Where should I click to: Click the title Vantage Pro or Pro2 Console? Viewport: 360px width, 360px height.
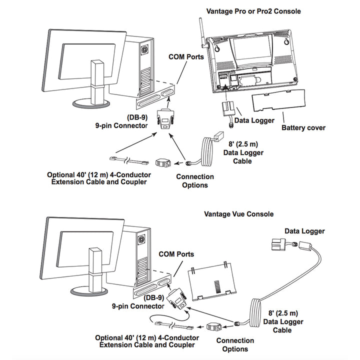pos(253,11)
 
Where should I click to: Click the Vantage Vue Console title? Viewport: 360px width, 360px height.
pos(238,214)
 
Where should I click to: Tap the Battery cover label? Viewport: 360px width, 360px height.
pos(303,127)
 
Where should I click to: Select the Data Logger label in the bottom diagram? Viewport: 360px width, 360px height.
pos(304,231)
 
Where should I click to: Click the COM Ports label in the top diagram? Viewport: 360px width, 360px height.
pos(185,57)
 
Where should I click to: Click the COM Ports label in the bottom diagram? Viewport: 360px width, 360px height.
pos(176,254)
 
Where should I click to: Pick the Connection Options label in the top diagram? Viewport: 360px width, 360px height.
pos(194,180)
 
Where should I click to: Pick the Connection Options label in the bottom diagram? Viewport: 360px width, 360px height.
pos(234,344)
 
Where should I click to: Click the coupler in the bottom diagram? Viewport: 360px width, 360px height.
pos(213,327)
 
